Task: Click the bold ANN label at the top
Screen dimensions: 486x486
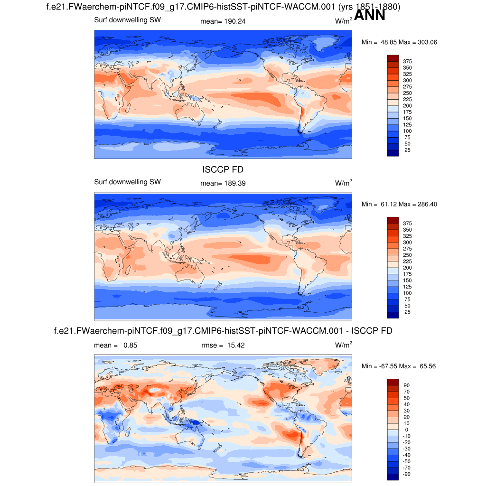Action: (369, 15)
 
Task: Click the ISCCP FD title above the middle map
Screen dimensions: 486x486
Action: (223, 169)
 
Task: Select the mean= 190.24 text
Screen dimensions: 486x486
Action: (224, 21)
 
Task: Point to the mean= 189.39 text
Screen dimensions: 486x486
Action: (224, 183)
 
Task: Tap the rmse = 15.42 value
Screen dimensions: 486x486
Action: (224, 346)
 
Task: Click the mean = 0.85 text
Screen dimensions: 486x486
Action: (116, 346)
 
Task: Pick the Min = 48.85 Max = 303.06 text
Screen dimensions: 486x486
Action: (399, 42)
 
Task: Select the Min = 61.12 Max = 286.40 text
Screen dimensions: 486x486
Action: (399, 204)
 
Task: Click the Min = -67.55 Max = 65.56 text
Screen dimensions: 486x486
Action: (399, 366)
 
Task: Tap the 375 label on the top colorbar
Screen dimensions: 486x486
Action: (407, 62)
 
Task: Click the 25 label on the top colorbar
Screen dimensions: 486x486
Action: (407, 150)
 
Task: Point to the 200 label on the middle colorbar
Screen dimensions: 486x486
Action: (407, 268)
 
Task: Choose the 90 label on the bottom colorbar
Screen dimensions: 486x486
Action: (407, 385)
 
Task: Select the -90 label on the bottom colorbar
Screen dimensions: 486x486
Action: (407, 474)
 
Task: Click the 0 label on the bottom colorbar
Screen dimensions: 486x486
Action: (407, 430)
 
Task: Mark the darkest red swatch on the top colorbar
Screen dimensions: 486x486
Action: (393, 58)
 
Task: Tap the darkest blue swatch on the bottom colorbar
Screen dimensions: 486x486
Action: (393, 477)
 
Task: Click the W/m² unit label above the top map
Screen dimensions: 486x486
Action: (343, 21)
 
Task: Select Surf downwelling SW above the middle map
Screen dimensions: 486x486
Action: (128, 182)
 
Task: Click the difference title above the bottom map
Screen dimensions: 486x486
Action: (223, 330)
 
